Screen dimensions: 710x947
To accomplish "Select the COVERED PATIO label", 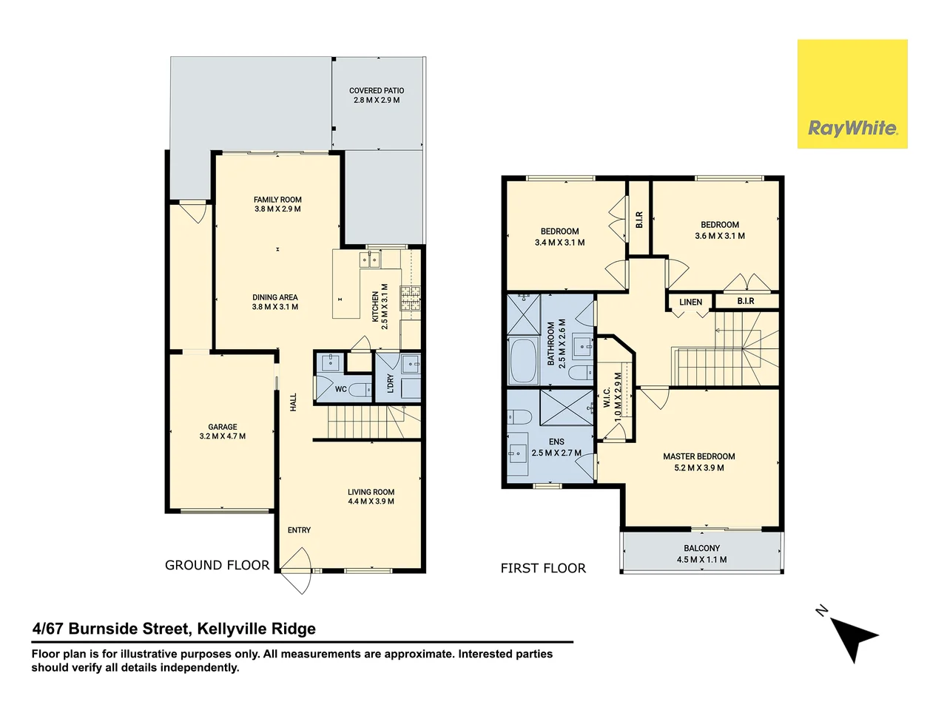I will pyautogui.click(x=377, y=91).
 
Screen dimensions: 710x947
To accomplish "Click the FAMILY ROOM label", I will pyautogui.click(x=277, y=200).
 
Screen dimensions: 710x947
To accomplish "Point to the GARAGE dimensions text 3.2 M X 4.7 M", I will pyautogui.click(x=222, y=436).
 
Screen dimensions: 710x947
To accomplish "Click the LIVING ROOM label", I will pyautogui.click(x=371, y=492).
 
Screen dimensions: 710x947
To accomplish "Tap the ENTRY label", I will pyautogui.click(x=299, y=530).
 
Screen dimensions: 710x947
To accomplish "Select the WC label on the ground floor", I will pyautogui.click(x=340, y=390).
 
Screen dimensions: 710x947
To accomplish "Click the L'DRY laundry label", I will pyautogui.click(x=390, y=383).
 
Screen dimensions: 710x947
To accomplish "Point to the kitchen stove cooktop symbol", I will pyautogui.click(x=410, y=297).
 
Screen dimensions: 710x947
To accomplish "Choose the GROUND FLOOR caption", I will pyautogui.click(x=217, y=565).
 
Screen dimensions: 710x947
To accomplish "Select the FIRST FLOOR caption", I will pyautogui.click(x=543, y=568).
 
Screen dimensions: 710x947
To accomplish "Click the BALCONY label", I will pyautogui.click(x=701, y=548).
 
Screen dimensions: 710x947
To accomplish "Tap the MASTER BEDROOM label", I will pyautogui.click(x=698, y=456).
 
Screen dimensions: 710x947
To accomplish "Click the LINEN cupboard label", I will pyautogui.click(x=690, y=302).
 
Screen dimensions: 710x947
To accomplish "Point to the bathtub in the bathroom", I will pyautogui.click(x=523, y=361).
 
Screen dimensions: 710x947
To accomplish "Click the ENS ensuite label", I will pyautogui.click(x=556, y=442).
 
